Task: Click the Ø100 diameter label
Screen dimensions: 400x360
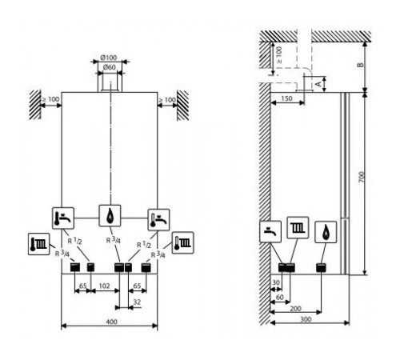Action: click(109, 58)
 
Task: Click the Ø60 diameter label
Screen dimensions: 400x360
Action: click(110, 67)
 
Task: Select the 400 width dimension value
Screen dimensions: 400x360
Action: click(111, 322)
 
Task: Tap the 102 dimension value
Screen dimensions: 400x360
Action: click(104, 286)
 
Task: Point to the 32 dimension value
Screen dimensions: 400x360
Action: click(137, 302)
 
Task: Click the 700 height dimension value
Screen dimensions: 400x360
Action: click(362, 177)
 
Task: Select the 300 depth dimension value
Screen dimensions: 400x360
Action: click(306, 319)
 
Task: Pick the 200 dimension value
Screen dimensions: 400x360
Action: click(295, 309)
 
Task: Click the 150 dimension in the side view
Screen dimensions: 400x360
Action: click(286, 98)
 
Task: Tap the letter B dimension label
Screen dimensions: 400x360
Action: click(360, 65)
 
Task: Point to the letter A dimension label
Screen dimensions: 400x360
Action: click(318, 84)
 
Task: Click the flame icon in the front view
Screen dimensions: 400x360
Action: click(110, 216)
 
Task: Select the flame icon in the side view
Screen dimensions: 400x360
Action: click(326, 232)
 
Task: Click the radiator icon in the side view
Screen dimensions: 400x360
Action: click(298, 228)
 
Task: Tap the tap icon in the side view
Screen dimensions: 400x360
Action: click(270, 231)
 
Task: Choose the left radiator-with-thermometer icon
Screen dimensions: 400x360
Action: click(39, 244)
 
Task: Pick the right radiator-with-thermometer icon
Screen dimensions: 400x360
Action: click(182, 242)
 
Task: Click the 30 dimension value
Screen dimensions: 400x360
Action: click(276, 282)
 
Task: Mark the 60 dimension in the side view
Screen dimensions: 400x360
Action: click(279, 297)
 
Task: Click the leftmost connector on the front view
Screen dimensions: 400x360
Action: click(75, 267)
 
